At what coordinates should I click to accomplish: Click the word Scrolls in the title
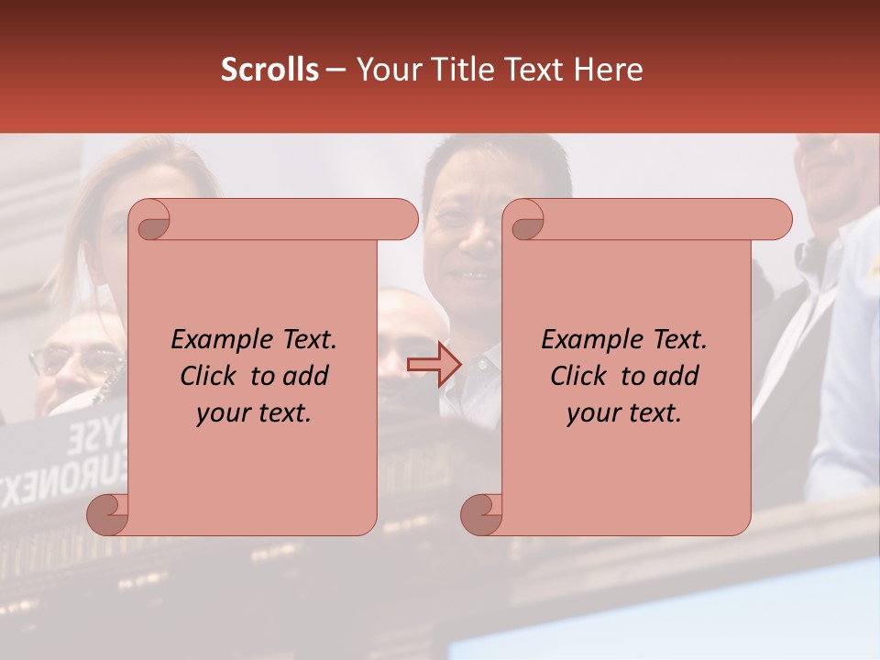click(x=269, y=70)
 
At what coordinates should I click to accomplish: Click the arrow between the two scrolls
click(x=434, y=365)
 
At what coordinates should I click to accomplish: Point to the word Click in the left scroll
click(x=210, y=376)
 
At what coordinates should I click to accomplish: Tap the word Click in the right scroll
click(x=580, y=376)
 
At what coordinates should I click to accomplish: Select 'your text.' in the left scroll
click(x=254, y=413)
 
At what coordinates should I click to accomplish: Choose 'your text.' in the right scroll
click(x=624, y=413)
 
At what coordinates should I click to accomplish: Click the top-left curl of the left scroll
click(x=150, y=220)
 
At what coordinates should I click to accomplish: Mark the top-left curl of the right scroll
click(x=525, y=220)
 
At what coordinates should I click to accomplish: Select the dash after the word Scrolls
click(x=335, y=71)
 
